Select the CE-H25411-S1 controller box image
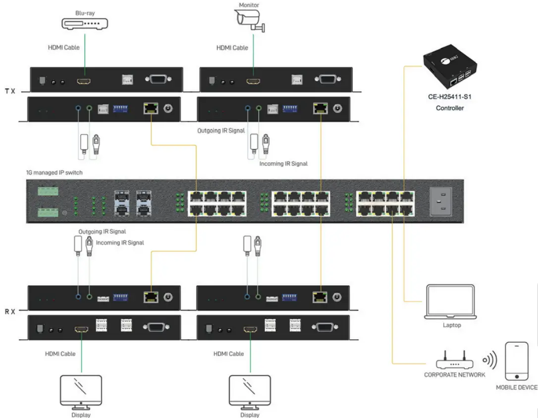(x=449, y=68)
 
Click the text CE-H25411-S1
(x=449, y=97)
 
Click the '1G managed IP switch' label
(x=54, y=173)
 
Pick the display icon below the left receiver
(x=80, y=391)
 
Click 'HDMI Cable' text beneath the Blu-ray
(x=63, y=48)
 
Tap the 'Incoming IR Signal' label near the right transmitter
(x=283, y=164)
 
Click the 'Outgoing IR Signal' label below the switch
(x=102, y=231)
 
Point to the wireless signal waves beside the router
(x=489, y=361)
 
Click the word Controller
(x=449, y=108)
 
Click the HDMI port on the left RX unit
(x=81, y=328)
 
